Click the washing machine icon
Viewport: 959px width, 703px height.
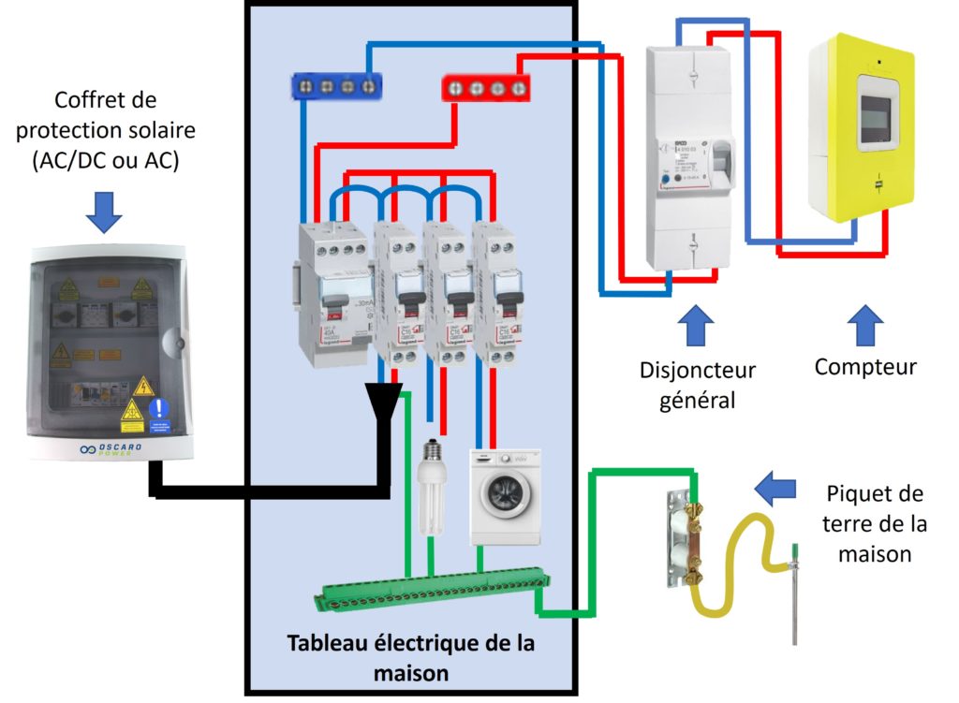(505, 495)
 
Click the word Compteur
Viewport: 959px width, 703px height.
(864, 367)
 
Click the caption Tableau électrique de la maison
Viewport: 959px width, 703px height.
(411, 658)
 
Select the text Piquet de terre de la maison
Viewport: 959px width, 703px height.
(873, 523)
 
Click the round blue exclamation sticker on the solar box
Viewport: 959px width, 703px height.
(161, 409)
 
